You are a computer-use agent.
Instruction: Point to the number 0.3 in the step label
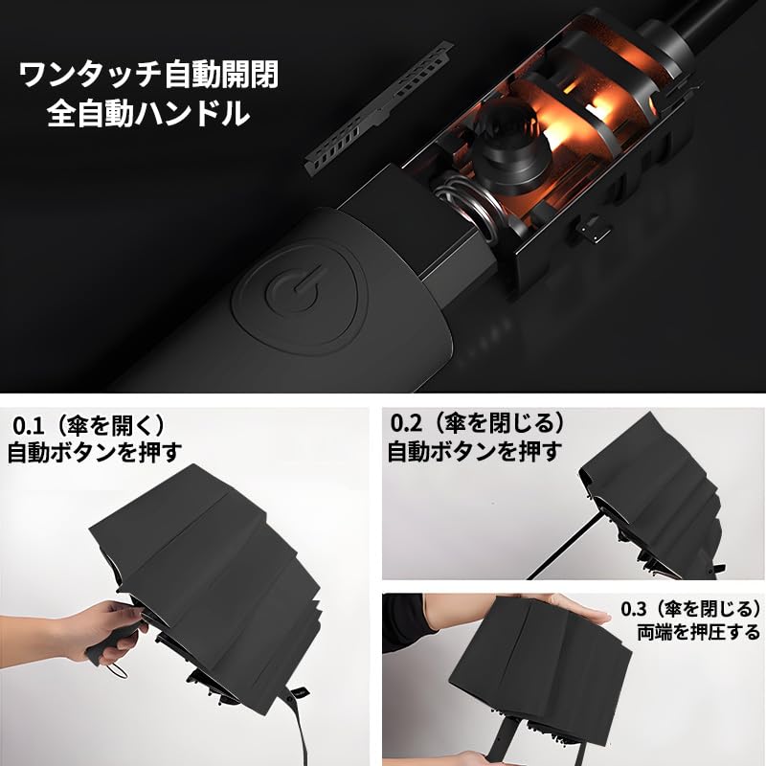(638, 608)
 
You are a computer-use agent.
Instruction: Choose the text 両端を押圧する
(698, 632)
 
